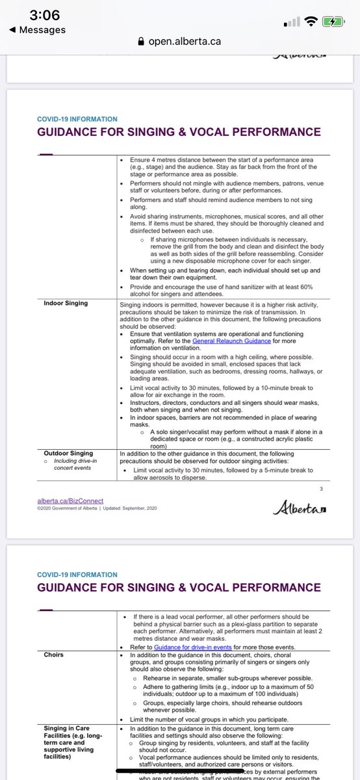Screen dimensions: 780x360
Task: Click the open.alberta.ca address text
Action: [x=185, y=41]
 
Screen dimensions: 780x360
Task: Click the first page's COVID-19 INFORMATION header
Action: [x=77, y=120]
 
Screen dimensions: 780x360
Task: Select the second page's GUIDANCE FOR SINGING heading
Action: [x=179, y=588]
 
